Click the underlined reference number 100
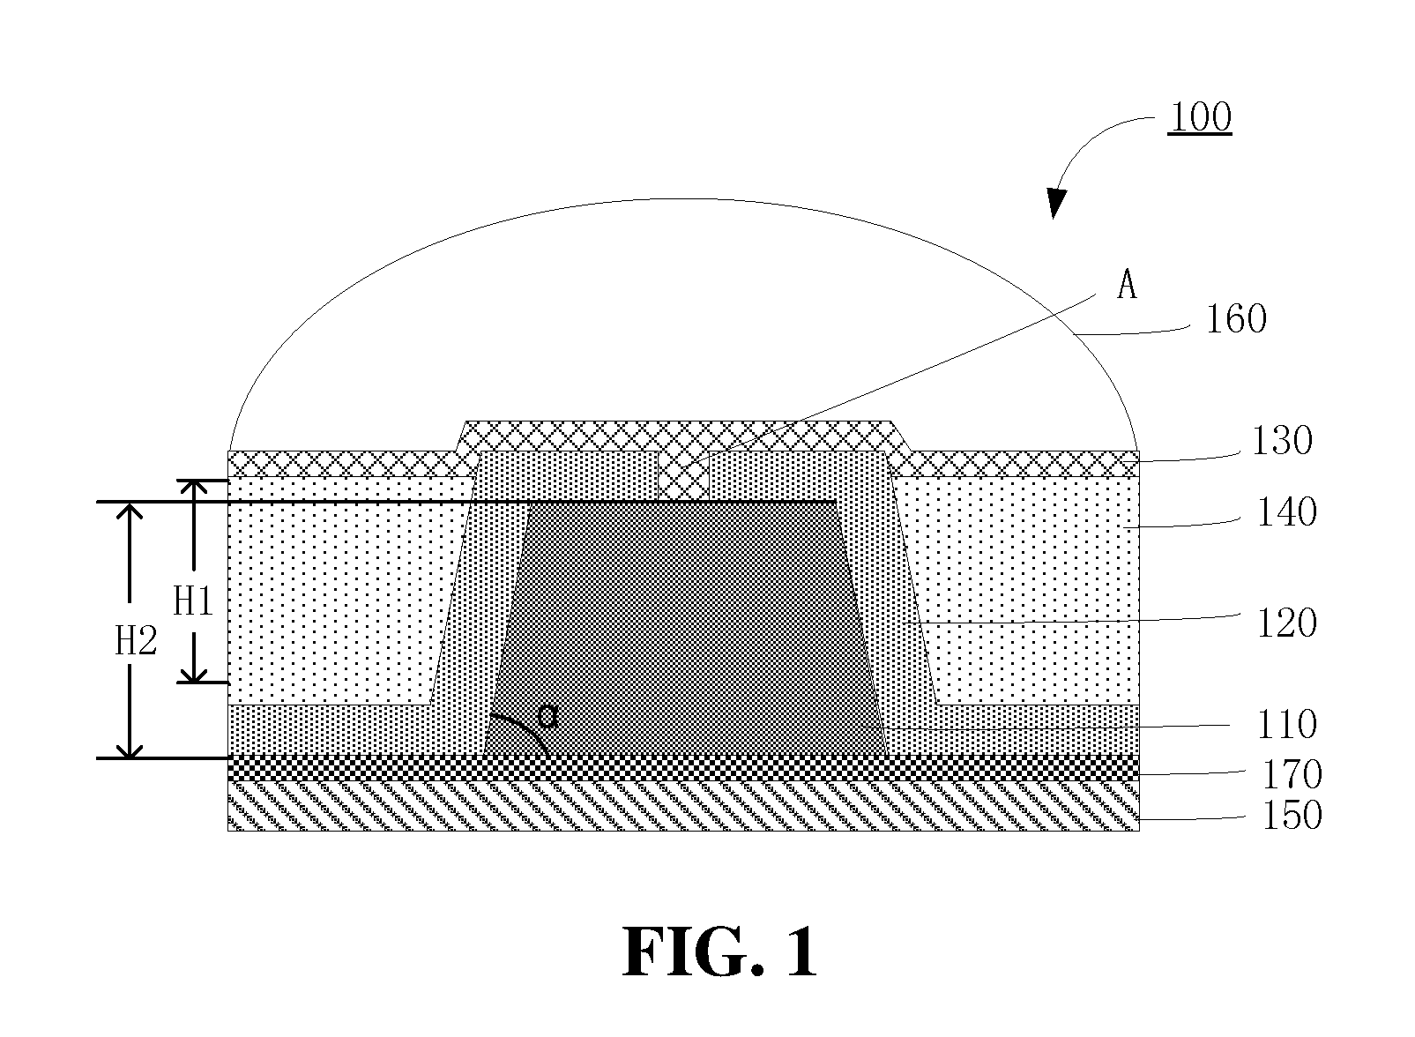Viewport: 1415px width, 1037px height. (1200, 117)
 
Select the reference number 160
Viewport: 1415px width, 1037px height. (1236, 319)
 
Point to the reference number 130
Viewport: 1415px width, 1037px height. (1282, 441)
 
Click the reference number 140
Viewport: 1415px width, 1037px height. (1287, 512)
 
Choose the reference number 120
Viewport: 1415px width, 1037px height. (1287, 623)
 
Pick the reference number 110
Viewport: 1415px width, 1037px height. (1287, 725)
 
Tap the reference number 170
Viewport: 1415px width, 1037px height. (1292, 775)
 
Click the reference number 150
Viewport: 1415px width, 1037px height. (1292, 816)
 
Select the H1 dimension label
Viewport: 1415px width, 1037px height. (193, 601)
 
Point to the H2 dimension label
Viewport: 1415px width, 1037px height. (136, 641)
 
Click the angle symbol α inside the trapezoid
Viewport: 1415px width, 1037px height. (547, 718)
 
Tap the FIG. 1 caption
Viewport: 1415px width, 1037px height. (719, 953)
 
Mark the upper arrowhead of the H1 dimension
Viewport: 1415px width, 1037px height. (193, 488)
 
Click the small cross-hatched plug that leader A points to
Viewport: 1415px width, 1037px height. (684, 476)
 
